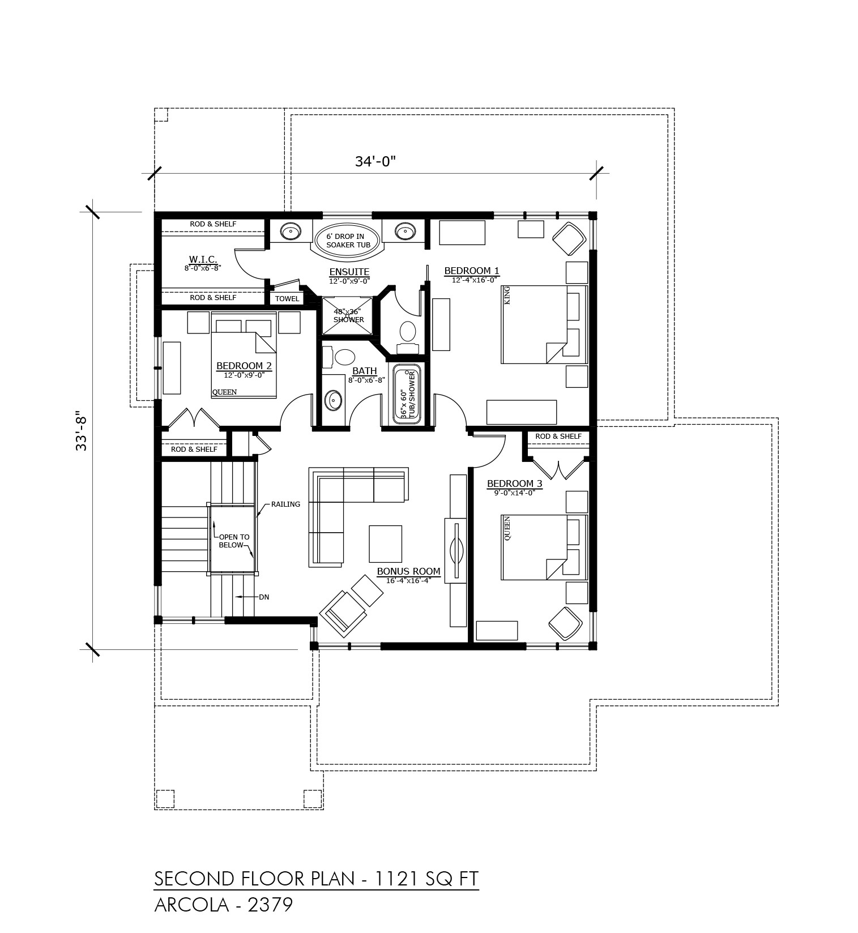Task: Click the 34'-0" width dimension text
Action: (x=375, y=161)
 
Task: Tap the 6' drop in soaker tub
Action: (x=348, y=241)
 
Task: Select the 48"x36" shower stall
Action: (x=348, y=316)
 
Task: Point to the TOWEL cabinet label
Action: (x=287, y=299)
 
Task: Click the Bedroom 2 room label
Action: (x=244, y=366)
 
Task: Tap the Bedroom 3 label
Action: (x=515, y=483)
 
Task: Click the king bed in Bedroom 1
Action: (x=544, y=324)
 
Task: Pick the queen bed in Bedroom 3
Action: (x=544, y=547)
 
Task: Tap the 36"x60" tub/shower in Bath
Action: (x=408, y=395)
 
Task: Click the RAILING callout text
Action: (x=285, y=504)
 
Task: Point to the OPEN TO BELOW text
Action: (x=234, y=541)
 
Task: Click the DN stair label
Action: (x=264, y=597)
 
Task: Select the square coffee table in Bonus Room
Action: (x=386, y=543)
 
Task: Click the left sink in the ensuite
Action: (x=291, y=231)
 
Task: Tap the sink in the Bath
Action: (x=333, y=400)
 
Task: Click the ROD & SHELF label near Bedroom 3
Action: (x=558, y=436)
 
